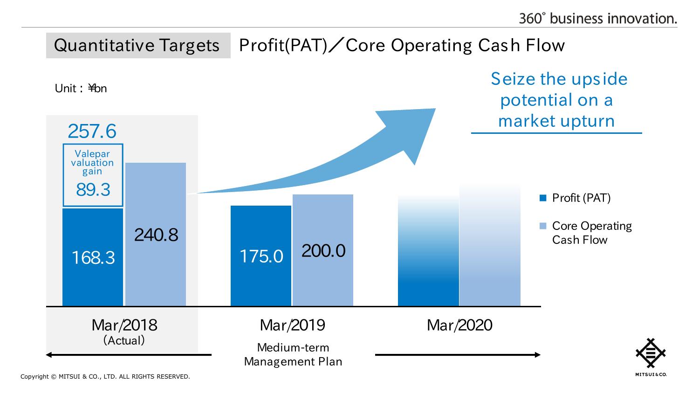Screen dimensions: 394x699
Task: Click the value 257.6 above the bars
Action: pos(92,131)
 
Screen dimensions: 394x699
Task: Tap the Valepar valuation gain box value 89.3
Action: pos(93,189)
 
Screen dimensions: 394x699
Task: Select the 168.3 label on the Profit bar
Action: pos(93,257)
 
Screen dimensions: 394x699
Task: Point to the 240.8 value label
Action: pos(156,235)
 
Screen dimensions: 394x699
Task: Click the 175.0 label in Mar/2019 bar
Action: pos(261,256)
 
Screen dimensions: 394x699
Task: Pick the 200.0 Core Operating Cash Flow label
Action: pos(323,251)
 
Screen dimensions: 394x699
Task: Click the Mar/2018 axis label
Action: pos(124,325)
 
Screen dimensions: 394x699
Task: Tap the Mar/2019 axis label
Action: pos(292,325)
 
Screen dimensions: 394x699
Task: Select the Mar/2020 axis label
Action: pos(459,325)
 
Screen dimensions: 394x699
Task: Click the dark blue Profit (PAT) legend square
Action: pos(542,198)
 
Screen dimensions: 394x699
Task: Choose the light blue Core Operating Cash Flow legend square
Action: pos(542,226)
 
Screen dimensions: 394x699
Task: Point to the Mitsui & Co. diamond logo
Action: pos(651,353)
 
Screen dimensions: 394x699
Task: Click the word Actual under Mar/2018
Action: pos(124,340)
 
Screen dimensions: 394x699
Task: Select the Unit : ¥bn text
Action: pos(81,89)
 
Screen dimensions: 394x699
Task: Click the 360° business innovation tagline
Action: pos(598,18)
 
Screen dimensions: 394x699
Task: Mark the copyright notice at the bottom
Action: pos(105,377)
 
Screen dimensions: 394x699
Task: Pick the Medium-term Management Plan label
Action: pos(293,354)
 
